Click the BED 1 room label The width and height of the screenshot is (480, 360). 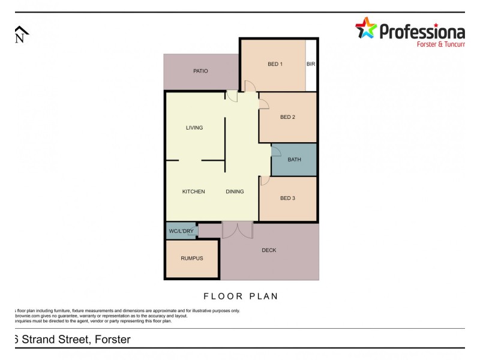(x=275, y=64)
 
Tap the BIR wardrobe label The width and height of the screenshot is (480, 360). (x=311, y=64)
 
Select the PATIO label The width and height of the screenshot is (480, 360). (x=200, y=71)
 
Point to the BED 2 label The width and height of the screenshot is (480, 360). (x=287, y=117)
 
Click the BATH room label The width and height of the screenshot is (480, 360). (x=294, y=160)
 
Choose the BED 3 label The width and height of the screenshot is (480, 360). (x=287, y=198)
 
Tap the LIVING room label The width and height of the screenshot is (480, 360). (x=194, y=128)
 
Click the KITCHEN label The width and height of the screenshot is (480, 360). (x=194, y=192)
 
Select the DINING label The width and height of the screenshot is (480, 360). (x=235, y=192)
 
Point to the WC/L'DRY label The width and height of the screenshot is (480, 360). (x=181, y=231)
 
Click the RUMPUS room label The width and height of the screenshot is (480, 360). (x=192, y=259)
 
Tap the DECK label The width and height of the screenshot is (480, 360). (x=269, y=250)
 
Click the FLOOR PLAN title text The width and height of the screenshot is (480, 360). (x=241, y=296)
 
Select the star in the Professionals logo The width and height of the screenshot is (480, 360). (x=365, y=28)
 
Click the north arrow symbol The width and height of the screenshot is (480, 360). (x=21, y=35)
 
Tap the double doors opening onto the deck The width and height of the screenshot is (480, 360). (x=237, y=230)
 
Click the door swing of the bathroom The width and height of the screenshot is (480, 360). (x=276, y=151)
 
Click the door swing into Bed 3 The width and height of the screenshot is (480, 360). (x=264, y=180)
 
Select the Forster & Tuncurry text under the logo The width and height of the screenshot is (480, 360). (x=440, y=44)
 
